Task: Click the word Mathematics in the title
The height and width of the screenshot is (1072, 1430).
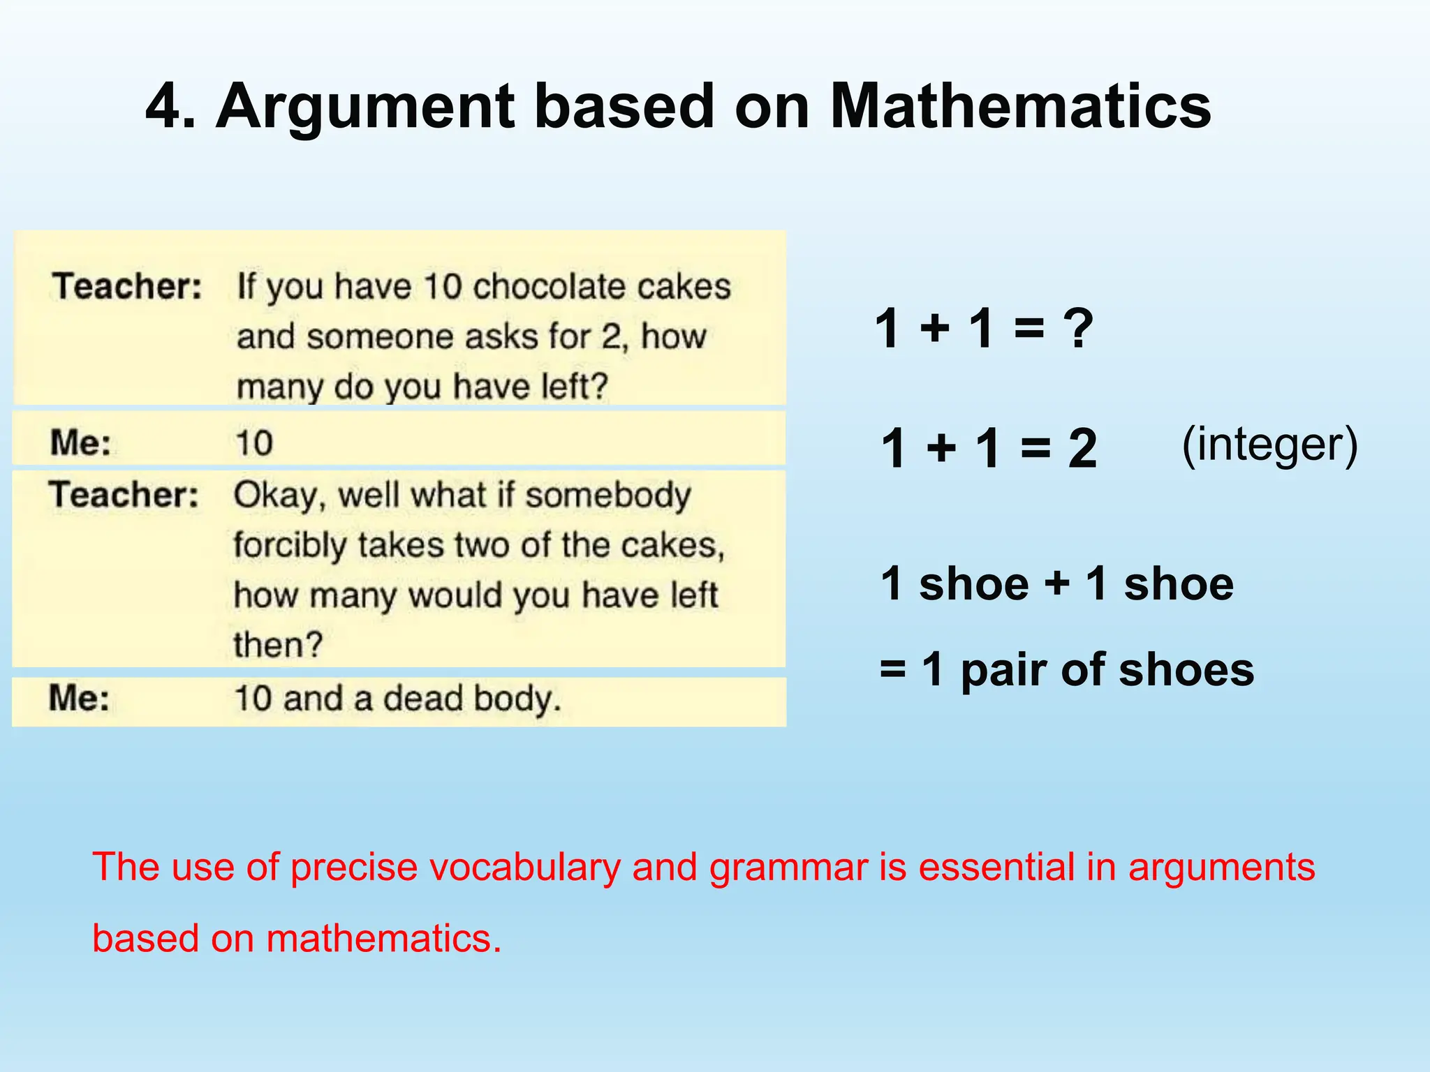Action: [1020, 107]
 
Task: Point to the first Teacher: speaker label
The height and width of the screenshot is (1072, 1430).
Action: [126, 286]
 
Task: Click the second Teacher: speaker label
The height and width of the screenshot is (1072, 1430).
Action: [124, 495]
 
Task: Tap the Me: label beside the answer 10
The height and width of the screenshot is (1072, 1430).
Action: [80, 442]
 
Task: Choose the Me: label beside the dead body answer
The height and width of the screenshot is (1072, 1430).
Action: [79, 698]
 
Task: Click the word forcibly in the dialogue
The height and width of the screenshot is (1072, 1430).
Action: [290, 545]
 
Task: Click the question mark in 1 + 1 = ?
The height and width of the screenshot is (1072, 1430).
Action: [1078, 328]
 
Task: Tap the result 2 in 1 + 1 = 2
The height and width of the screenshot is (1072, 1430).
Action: [1082, 448]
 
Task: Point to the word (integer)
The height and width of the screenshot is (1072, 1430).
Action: [1269, 444]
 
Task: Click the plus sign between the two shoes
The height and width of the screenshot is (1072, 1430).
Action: [1056, 583]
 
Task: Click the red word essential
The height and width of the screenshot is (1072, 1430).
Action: [996, 868]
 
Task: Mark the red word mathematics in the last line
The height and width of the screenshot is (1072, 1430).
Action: [383, 938]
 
